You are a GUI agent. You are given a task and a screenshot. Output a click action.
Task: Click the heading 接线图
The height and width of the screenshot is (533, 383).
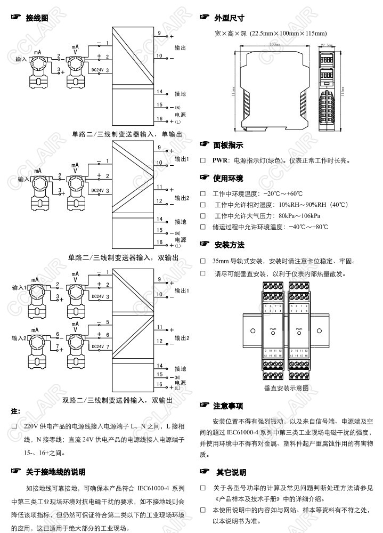point(37,18)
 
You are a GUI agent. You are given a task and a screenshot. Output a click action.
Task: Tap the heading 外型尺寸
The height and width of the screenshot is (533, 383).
point(229,18)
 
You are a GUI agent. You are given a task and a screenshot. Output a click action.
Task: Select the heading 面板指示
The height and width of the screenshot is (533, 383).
point(228,145)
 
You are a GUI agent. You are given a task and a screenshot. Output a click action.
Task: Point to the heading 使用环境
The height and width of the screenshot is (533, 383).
point(228,177)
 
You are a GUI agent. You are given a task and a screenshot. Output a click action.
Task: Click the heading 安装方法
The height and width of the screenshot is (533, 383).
point(229,245)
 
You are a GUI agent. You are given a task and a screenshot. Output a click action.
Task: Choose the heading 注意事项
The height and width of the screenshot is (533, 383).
point(228,406)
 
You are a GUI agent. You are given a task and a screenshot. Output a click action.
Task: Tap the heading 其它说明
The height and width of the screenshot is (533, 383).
point(231,472)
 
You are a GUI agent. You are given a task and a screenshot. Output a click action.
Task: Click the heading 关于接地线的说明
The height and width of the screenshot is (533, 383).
point(55,472)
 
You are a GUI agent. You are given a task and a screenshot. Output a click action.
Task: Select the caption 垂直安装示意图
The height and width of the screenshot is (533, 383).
point(286,388)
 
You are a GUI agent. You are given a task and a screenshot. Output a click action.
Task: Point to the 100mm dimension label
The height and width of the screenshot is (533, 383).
point(275,45)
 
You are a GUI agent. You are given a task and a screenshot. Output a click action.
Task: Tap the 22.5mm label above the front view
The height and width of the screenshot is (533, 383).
point(326,45)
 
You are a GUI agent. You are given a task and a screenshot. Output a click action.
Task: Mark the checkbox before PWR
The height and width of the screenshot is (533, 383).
point(202,160)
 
